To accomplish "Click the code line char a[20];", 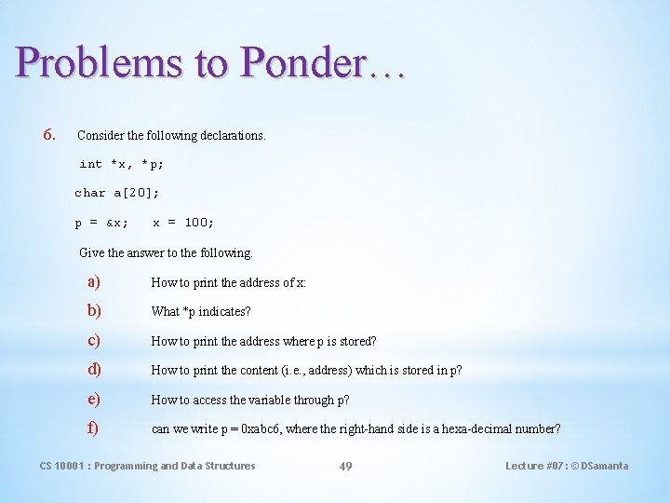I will coord(117,193).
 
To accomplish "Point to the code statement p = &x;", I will coord(101,223).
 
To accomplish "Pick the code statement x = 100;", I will coord(183,223).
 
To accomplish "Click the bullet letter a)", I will coord(93,281).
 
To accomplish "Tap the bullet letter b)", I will coord(94,311).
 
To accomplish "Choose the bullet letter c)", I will coord(93,341).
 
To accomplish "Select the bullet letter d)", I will coord(94,370).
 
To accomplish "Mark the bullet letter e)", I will coord(93,400).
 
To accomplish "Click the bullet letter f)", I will coord(92,429).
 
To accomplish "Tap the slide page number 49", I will coord(345,466).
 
